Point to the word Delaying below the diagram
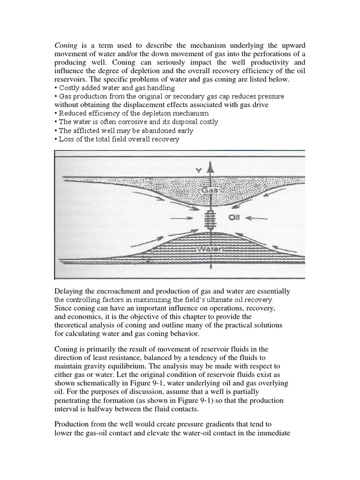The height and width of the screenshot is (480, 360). point(69,291)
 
